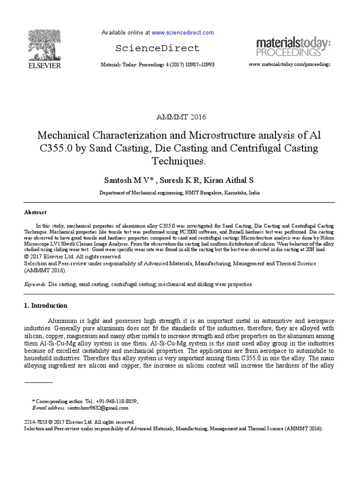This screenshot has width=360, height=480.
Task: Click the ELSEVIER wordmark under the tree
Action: [x=43, y=66]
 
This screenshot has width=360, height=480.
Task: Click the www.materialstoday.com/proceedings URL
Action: [x=289, y=64]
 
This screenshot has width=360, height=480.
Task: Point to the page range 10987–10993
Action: [x=197, y=64]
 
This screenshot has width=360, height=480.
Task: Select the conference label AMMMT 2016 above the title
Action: [x=180, y=117]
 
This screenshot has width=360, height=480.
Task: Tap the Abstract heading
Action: [x=35, y=212]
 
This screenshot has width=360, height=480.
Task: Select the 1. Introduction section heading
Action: [x=45, y=306]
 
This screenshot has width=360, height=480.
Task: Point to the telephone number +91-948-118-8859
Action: [x=117, y=401]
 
